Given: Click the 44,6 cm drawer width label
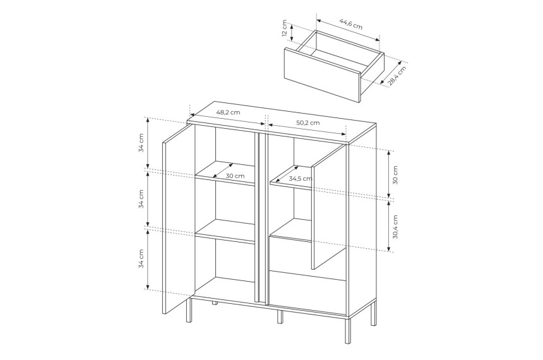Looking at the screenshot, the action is click(351, 23).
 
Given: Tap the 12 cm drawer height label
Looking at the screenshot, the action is click(284, 28).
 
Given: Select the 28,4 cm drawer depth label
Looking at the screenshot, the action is click(397, 76).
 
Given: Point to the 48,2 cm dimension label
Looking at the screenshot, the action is click(228, 112).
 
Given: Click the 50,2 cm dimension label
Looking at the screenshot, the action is click(308, 123).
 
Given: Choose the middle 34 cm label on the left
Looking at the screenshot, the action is click(141, 199).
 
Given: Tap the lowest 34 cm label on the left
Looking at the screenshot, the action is click(141, 258).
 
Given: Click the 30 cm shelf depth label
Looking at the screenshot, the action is click(235, 176).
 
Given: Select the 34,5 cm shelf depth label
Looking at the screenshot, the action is click(301, 179).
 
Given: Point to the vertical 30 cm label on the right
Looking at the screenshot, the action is click(395, 175).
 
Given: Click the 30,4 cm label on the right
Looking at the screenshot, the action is click(395, 227).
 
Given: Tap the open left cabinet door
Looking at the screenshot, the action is click(179, 219).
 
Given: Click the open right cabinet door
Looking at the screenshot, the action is click(329, 207).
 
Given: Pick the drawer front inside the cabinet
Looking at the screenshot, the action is click(308, 292).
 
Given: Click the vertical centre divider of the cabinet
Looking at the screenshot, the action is click(261, 219).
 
